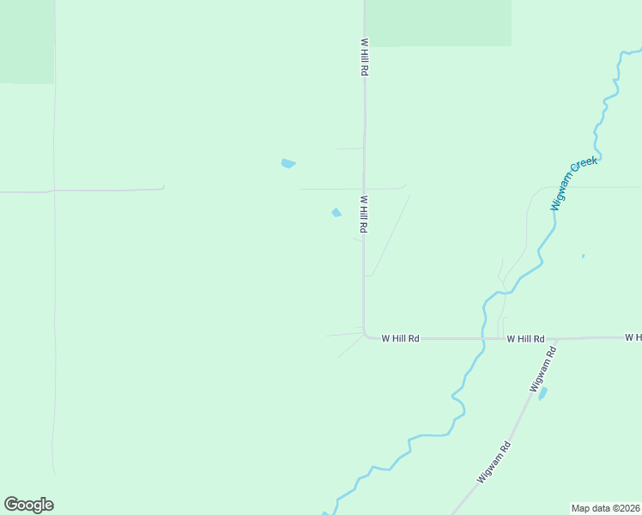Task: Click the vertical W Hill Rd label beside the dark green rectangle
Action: pos(364,58)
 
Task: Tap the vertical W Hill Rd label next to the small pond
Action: pos(364,215)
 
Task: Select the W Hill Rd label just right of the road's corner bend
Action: pos(400,339)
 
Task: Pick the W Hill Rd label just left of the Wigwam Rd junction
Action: pos(525,339)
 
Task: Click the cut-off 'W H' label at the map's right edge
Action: pos(633,338)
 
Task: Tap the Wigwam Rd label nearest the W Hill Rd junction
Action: pos(538,370)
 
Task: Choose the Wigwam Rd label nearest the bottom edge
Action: pos(494,462)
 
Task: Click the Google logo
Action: pos(28,505)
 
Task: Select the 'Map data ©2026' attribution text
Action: pos(605,508)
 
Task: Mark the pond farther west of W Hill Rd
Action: pos(288,163)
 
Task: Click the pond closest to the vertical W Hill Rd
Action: pos(336,213)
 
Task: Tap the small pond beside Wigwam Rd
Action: pos(542,393)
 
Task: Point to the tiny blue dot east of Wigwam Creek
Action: pos(583,256)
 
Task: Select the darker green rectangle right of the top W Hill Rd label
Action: pos(439,22)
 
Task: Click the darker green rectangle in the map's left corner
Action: pos(26,41)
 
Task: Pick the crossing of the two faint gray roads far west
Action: pos(54,191)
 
